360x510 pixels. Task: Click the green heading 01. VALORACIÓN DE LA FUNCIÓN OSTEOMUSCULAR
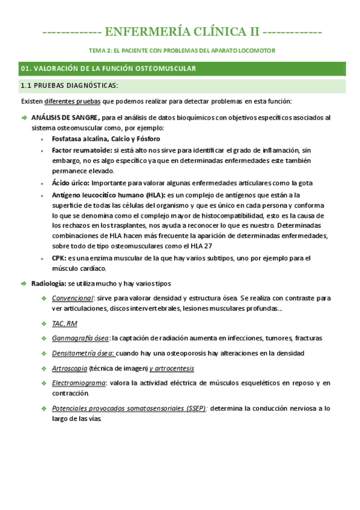tap(108, 69)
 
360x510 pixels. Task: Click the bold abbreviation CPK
tap(58, 258)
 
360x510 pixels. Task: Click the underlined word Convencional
tap(73, 298)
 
